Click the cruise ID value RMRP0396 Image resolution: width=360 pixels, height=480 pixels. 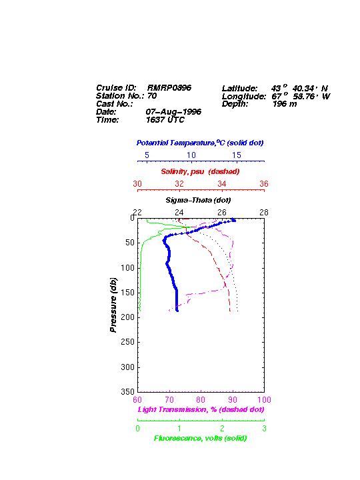point(169,88)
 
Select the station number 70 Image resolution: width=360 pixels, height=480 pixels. point(152,96)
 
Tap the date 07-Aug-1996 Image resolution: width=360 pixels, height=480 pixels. point(173,112)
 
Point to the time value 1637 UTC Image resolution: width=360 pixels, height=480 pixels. point(165,120)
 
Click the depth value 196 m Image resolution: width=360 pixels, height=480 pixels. point(285,104)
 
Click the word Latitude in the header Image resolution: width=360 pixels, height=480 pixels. point(240,89)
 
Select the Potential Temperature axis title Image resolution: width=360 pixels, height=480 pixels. point(200,143)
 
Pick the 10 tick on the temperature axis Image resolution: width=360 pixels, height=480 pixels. point(191,155)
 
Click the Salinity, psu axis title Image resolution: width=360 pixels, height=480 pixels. point(200,171)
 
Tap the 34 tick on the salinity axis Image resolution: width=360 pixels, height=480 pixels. point(221,184)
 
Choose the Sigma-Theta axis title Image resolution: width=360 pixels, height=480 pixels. point(198,200)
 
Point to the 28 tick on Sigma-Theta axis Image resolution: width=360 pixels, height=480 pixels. point(264,212)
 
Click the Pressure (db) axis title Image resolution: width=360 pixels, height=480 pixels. point(113,305)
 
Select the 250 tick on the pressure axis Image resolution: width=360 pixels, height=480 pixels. point(127,342)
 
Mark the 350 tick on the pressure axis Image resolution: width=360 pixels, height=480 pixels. point(127,391)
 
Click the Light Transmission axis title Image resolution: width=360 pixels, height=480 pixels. point(201,409)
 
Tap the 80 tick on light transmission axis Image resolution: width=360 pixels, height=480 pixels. point(201,400)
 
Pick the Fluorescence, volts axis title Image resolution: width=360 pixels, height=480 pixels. point(200,439)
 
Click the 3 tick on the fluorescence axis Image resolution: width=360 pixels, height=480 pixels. point(264,429)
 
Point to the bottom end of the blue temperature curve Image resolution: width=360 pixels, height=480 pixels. point(177,311)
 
